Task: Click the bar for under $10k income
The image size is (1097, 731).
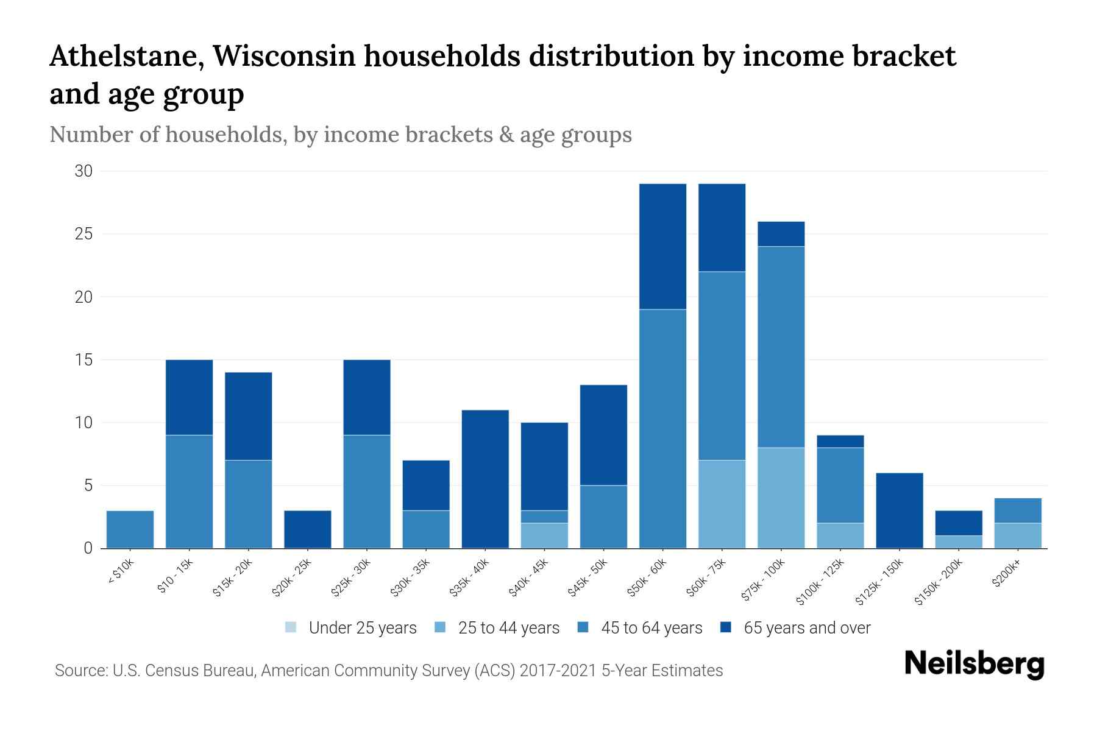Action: click(x=130, y=529)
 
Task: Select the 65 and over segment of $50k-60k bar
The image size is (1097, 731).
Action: click(x=662, y=246)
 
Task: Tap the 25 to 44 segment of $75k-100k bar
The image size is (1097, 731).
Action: click(x=781, y=498)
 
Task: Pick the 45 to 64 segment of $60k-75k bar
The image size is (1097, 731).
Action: click(x=722, y=365)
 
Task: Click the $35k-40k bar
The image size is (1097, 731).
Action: click(x=485, y=479)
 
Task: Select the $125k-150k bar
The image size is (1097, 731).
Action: click(x=899, y=510)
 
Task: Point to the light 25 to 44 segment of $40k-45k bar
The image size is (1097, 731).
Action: click(x=544, y=536)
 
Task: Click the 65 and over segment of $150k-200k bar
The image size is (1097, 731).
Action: click(x=958, y=523)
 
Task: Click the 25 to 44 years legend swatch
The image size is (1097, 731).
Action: click(x=441, y=627)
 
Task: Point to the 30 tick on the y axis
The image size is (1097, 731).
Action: click(x=83, y=171)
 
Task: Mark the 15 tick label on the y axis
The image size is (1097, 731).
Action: click(x=83, y=360)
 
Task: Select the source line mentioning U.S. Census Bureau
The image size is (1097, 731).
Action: click(x=388, y=671)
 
